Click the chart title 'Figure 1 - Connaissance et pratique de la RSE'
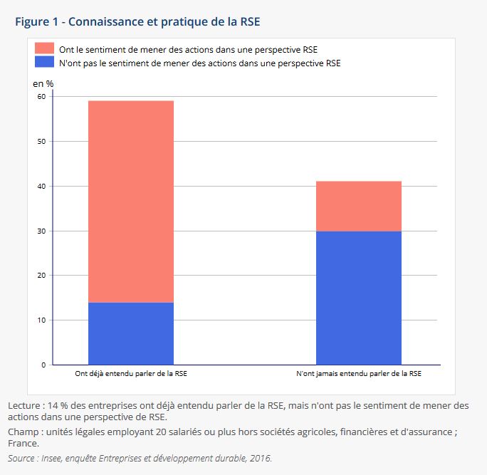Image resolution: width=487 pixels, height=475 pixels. (x=137, y=21)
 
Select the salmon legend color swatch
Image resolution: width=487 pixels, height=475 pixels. (x=45, y=49)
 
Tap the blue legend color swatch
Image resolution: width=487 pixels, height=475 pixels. (x=45, y=63)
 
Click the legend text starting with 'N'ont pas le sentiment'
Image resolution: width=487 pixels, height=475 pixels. (x=199, y=63)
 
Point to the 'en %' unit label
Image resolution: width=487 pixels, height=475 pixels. (x=43, y=83)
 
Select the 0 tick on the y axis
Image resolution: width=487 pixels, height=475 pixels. (x=43, y=365)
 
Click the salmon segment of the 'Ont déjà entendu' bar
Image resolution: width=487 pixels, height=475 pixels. (x=131, y=202)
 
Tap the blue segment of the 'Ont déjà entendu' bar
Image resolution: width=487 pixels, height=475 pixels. (x=131, y=333)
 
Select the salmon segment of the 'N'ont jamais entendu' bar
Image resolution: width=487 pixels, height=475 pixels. (x=359, y=206)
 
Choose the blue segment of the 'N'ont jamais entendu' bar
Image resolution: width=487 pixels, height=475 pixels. (x=359, y=298)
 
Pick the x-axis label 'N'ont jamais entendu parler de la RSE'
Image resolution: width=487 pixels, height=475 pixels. (x=359, y=373)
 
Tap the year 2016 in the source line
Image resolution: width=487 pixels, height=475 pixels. (x=260, y=458)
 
